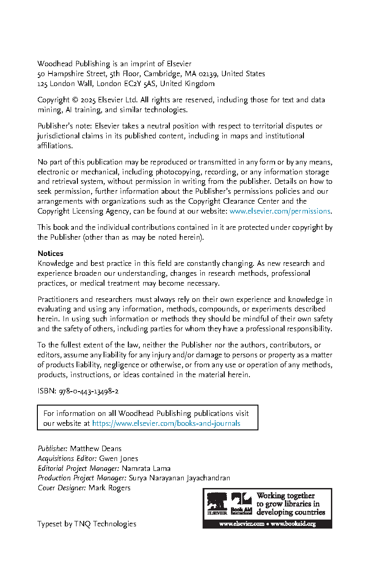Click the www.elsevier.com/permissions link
(280, 211)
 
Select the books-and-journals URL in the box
(166, 424)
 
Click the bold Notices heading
(50, 253)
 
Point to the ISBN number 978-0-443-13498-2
(89, 392)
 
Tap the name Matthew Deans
(95, 449)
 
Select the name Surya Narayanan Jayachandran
(180, 478)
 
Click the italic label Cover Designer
(62, 488)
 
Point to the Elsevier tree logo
(217, 502)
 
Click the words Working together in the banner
(285, 496)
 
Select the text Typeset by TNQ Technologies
(86, 524)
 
